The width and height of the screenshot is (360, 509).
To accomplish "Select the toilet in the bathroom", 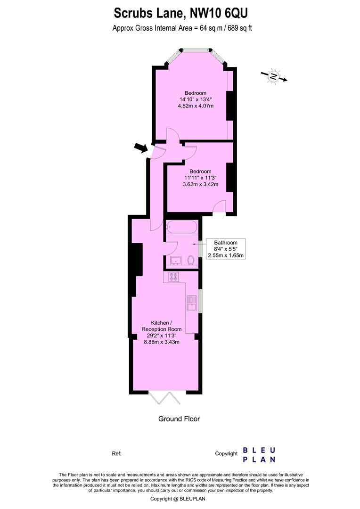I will [191, 260].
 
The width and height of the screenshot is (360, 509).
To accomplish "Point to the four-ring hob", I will [173, 277].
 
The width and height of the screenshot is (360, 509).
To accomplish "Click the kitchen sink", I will [192, 303].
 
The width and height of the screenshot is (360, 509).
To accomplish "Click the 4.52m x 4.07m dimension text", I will [196, 106].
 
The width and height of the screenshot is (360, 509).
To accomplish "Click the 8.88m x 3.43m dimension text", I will [162, 342].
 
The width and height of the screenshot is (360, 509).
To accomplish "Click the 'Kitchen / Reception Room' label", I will [162, 326].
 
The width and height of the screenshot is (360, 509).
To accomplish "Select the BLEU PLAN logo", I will [259, 454].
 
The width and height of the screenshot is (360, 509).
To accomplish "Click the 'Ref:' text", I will [117, 454].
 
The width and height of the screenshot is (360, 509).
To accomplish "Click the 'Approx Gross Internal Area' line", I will [182, 28].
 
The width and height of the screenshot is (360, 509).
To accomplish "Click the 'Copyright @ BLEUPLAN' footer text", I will [178, 499].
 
